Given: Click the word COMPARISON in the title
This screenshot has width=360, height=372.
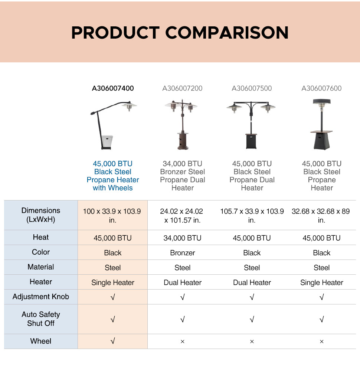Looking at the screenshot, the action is tap(227, 33).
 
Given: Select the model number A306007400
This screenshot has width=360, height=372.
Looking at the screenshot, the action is tap(113, 88).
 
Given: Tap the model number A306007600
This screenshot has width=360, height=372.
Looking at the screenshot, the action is tap(321, 88).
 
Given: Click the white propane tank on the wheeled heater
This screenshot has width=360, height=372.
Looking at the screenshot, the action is tap(107, 141).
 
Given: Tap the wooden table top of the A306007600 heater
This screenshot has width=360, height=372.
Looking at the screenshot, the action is tap(321, 131).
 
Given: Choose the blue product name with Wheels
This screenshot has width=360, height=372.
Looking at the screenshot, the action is tap(113, 176).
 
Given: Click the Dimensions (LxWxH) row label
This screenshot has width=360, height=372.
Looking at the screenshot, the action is tap(41, 215).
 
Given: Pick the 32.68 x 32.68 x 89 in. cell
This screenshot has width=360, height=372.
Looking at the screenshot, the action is tap(321, 216).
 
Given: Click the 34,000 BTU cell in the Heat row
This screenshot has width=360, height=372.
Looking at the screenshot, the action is tap(182, 238).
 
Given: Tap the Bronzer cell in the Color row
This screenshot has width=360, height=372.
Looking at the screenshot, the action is tap(182, 253).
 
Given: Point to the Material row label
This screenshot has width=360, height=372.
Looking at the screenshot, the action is tap(41, 267).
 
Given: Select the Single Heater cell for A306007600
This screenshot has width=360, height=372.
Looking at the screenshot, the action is tap(321, 283).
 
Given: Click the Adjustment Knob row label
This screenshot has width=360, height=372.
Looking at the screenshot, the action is tap(41, 297).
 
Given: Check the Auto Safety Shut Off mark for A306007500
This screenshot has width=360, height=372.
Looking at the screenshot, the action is tap(252, 319).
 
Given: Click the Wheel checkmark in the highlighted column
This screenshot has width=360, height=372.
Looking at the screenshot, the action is tap(113, 341).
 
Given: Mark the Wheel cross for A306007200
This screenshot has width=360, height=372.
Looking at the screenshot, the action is tap(182, 342).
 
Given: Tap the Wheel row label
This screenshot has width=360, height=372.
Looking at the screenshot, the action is tap(41, 341).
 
